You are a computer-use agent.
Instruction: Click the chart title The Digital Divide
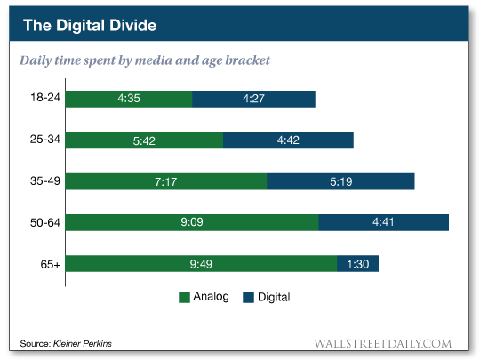[x=89, y=25]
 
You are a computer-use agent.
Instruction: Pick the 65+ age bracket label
[x=45, y=264]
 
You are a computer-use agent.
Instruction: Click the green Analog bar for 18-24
[x=129, y=99]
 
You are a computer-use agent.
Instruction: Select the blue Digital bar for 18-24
[x=253, y=99]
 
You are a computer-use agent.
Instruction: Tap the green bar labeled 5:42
[x=144, y=140]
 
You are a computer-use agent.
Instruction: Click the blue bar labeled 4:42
[x=288, y=140]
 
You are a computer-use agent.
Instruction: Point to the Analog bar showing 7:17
[x=166, y=181]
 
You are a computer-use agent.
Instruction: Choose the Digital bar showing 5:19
[x=340, y=181]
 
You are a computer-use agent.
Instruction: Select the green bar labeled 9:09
[x=192, y=223]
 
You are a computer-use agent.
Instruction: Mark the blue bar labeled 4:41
[x=383, y=223]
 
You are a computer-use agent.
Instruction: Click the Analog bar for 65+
[x=201, y=264]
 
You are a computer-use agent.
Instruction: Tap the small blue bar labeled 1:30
[x=358, y=264]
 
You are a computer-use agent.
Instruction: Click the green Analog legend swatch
[x=185, y=297]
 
